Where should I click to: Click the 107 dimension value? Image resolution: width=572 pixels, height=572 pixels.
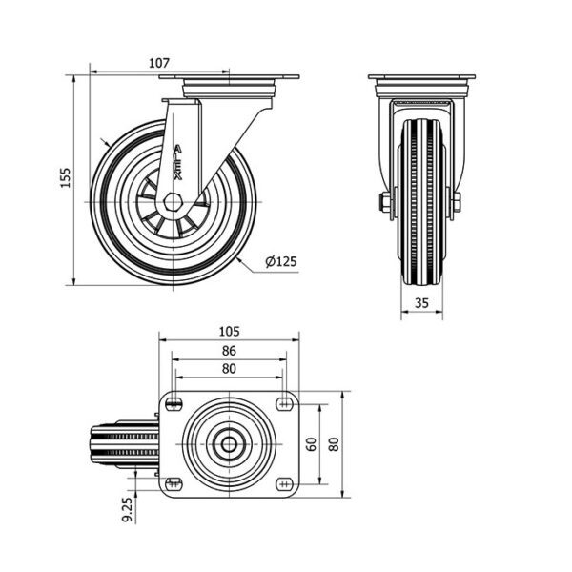tap(159, 63)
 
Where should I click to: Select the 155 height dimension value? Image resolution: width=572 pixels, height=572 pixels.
tap(65, 177)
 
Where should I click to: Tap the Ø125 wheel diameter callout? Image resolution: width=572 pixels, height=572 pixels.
tap(281, 261)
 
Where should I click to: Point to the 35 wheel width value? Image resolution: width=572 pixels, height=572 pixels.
tap(421, 303)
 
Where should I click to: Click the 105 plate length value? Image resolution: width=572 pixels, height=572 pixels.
tap(229, 331)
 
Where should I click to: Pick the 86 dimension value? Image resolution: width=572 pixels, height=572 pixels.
tap(229, 351)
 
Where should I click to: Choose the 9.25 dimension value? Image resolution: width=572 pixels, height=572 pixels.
tap(128, 510)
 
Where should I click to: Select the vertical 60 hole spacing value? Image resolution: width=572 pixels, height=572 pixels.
tap(311, 444)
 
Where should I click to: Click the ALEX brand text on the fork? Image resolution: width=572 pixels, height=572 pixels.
tap(177, 163)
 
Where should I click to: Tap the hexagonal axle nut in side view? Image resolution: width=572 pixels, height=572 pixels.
tap(173, 202)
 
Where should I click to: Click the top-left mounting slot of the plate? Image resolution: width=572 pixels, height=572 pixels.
tap(174, 404)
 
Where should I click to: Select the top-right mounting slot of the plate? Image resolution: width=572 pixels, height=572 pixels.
tap(285, 404)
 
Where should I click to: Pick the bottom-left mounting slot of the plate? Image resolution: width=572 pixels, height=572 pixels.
tap(174, 484)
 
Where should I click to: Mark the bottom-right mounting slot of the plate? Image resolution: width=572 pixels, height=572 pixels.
tap(285, 484)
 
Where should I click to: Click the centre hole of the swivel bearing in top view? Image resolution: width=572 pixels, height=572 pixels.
tap(229, 444)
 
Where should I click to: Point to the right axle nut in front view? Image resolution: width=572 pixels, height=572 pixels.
tap(457, 202)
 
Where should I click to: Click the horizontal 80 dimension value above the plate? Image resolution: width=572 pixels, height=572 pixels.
tap(229, 369)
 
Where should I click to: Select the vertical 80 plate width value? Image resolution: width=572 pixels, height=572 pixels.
tap(334, 444)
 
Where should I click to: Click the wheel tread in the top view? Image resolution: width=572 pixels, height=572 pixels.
tap(125, 444)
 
